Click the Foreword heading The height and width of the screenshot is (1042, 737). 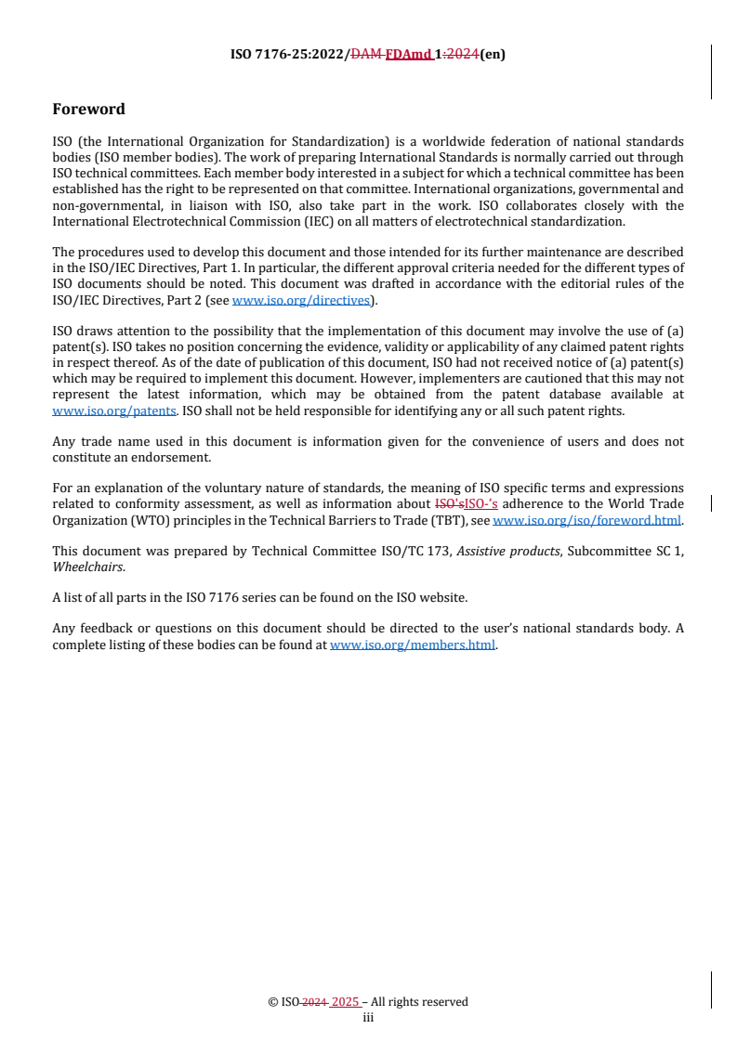coord(88,109)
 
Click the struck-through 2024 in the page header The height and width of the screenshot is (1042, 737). coord(462,54)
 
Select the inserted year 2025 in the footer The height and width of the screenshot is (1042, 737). coord(346,1001)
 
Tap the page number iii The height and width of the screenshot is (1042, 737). coord(368,1017)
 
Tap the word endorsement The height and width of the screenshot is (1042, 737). coord(177,457)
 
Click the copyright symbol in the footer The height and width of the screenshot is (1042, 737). coord(273,1001)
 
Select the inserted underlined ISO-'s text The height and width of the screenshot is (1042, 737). coord(481,504)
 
